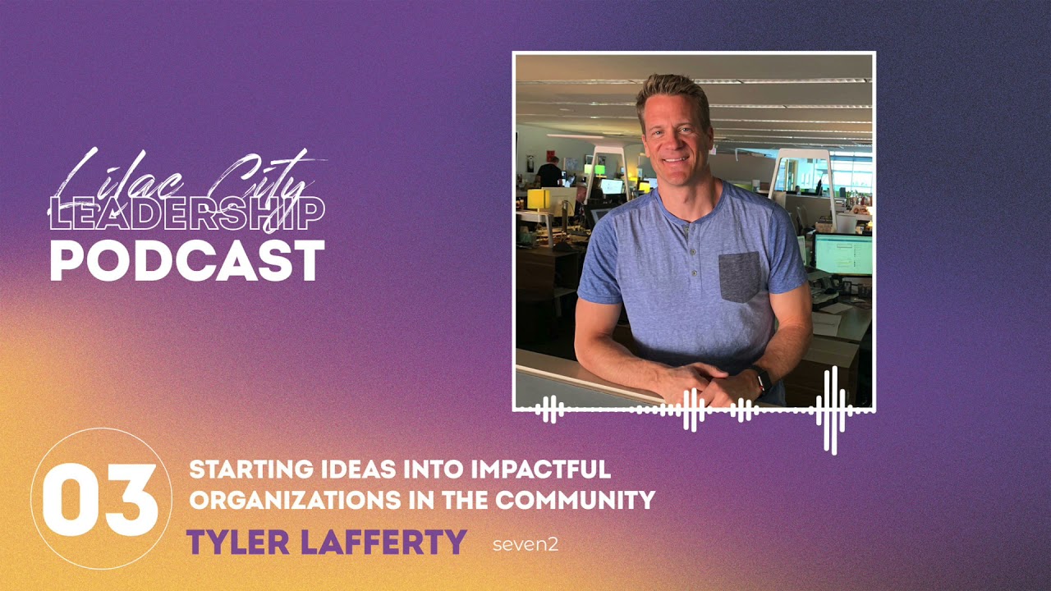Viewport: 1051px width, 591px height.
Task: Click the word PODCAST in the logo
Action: click(187, 261)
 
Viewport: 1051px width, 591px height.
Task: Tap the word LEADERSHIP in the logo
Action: click(187, 213)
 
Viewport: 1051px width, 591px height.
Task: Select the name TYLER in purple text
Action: click(237, 543)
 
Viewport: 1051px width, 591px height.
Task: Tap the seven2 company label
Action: click(525, 544)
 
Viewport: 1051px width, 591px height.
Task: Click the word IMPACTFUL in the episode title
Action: click(541, 470)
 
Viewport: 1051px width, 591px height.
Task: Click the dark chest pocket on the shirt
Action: click(741, 277)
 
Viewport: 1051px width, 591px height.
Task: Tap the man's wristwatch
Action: click(763, 379)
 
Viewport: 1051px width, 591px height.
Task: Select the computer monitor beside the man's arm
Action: click(842, 254)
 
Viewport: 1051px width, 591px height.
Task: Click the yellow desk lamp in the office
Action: click(539, 199)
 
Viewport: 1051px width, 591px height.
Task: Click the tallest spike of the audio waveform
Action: click(830, 410)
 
